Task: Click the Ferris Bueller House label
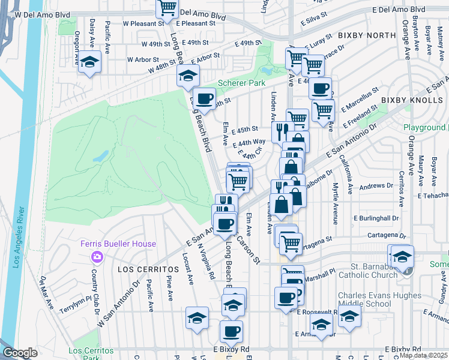tap(119, 244)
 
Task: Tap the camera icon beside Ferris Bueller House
tap(97, 257)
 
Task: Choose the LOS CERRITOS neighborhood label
tap(141, 269)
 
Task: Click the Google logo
tap(20, 353)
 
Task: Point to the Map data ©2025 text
tap(423, 355)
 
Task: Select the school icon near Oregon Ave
tap(90, 62)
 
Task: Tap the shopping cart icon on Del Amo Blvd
tap(167, 8)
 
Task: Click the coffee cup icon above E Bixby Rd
tap(231, 331)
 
